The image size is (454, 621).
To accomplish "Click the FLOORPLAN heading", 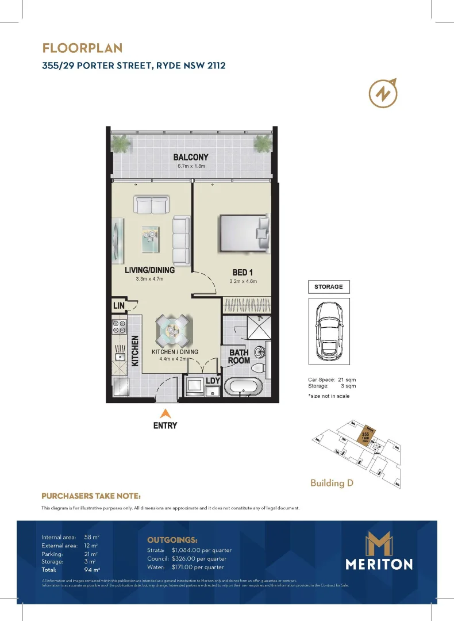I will pos(82,48).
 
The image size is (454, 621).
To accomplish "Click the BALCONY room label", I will pos(191,157).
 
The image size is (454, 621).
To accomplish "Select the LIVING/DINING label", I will pos(149,270).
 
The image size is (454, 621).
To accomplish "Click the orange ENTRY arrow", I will pos(166,413).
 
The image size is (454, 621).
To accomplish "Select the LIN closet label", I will pos(119,305).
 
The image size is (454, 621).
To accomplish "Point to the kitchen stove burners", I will pos(120,327).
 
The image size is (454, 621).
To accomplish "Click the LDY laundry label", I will pos(213,380).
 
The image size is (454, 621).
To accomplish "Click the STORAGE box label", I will pos(329,286).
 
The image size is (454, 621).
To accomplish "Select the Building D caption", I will pos(332,482).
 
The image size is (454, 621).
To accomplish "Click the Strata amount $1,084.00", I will pos(202,550).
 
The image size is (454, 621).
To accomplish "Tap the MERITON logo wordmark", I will pos(379,564).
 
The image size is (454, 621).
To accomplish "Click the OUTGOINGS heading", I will pos(172,540).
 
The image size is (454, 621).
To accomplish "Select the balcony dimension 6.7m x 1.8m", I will pos(191,166).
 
